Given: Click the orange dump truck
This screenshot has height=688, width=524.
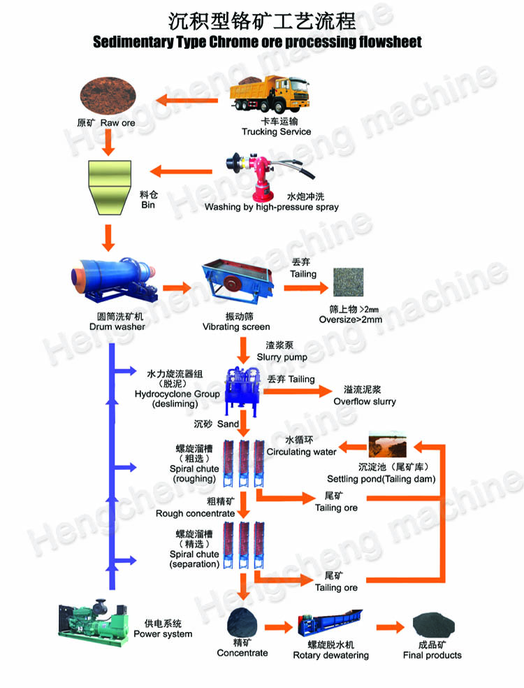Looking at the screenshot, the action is pyautogui.click(x=269, y=94).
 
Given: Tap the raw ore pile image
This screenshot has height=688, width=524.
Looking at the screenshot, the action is pyautogui.click(x=108, y=96).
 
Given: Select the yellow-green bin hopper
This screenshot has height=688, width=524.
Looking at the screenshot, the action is pyautogui.click(x=110, y=187).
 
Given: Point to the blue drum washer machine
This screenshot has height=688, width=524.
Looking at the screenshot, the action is pyautogui.click(x=114, y=280).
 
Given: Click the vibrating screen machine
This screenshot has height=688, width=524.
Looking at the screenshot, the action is pyautogui.click(x=238, y=281).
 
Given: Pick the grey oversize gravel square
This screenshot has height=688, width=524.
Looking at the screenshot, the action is pyautogui.click(x=348, y=282).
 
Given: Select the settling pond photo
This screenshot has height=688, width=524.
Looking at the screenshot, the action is pyautogui.click(x=388, y=444).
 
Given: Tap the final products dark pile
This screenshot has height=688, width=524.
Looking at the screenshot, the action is pyautogui.click(x=433, y=625).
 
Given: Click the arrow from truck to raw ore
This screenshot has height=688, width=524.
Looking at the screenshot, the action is pyautogui.click(x=187, y=101).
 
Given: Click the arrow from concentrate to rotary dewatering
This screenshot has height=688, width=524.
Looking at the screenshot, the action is pyautogui.click(x=279, y=627).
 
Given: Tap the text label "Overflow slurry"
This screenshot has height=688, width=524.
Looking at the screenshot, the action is pyautogui.click(x=365, y=401).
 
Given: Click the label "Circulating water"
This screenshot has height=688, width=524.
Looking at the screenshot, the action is pyautogui.click(x=301, y=452).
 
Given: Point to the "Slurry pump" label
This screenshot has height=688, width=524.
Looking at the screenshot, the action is pyautogui.click(x=282, y=357).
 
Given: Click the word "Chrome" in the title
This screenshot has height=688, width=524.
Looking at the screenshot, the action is pyautogui.click(x=234, y=42).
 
